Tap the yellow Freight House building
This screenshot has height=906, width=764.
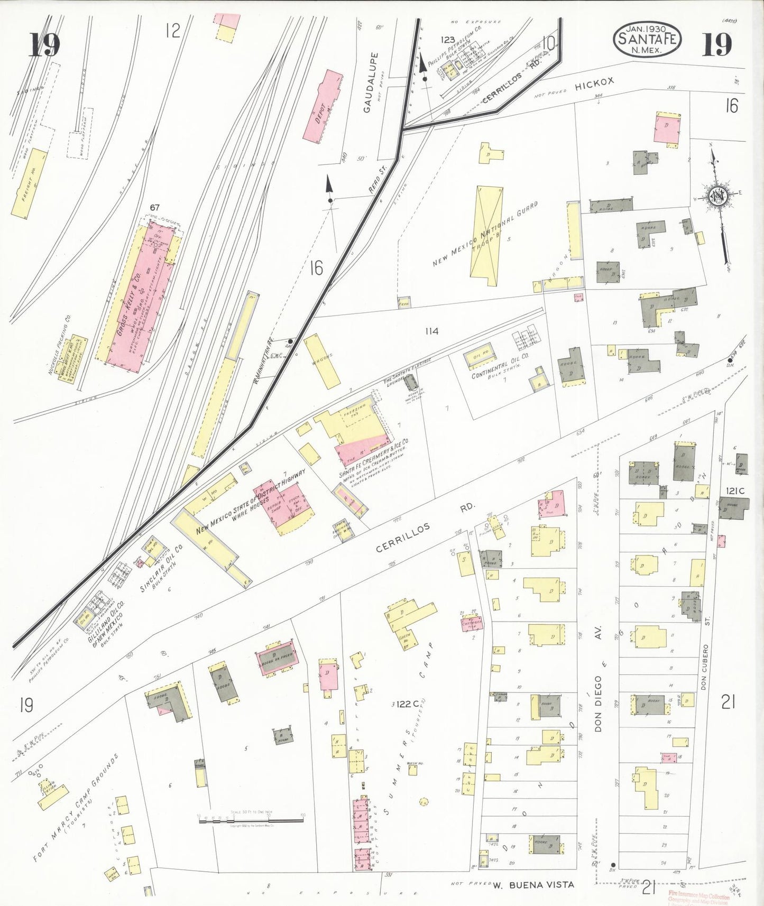tap(29, 183)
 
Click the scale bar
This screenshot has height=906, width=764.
tap(251, 820)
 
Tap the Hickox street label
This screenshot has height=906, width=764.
tap(594, 86)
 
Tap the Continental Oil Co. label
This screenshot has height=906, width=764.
tap(500, 365)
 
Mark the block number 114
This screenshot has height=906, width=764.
tap(431, 331)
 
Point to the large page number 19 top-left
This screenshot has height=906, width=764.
tap(44, 44)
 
